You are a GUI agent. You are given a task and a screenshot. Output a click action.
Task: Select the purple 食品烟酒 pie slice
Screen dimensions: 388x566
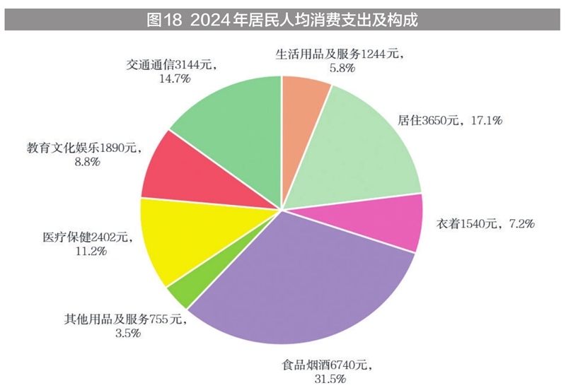click(304, 276)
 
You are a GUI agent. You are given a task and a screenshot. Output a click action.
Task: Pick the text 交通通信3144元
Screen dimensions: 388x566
click(172, 65)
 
